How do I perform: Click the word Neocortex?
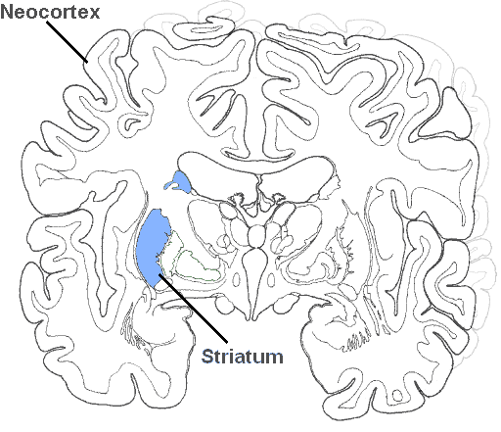coord(50,12)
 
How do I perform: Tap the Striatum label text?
coord(243,357)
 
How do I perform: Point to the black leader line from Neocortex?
coord(68,42)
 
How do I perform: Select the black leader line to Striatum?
coord(193,309)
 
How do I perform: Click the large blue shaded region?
coord(153,247)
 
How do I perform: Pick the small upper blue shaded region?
coord(179,182)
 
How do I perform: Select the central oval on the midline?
coord(256,236)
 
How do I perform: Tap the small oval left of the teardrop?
coord(237,279)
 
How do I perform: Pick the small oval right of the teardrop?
coord(271,279)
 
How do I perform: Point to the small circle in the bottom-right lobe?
coord(397,396)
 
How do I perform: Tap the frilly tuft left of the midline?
coord(237,198)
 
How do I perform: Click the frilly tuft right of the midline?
coord(279,198)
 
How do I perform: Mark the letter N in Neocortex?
coord(7,12)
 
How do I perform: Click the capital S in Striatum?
coord(207,357)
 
